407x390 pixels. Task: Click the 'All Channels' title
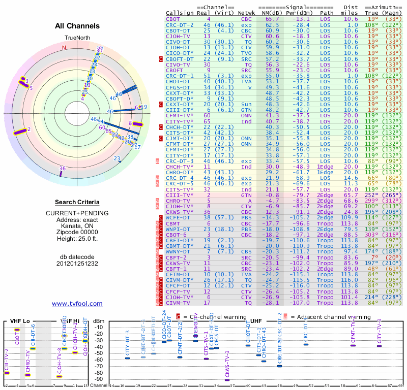pos(77,26)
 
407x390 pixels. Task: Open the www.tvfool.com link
pos(77,304)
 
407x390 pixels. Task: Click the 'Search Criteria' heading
pos(77,203)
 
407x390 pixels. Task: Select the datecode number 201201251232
pos(77,263)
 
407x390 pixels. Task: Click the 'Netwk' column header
pos(247,13)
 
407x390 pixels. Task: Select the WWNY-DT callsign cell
pos(178,251)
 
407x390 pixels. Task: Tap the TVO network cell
pos(246,52)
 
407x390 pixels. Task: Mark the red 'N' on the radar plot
pos(64,48)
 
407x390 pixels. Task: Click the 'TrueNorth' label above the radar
pos(77,38)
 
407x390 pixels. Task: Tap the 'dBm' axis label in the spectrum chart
pos(100,320)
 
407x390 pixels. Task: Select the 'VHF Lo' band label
pos(19,321)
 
